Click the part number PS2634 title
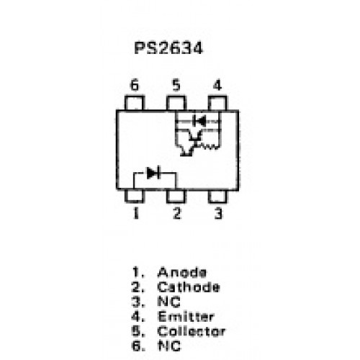[x=168, y=48]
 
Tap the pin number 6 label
[x=135, y=85]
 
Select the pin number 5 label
[x=176, y=85]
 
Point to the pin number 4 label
[x=217, y=85]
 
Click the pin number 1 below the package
[x=136, y=213]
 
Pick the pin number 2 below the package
[x=176, y=213]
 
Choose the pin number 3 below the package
[x=218, y=213]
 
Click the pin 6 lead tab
[x=135, y=103]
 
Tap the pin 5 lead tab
[x=176, y=103]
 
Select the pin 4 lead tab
[x=217, y=103]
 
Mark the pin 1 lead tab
[x=135, y=197]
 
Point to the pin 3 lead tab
[x=217, y=197]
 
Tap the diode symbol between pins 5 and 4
[x=199, y=121]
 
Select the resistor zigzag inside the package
[x=210, y=146]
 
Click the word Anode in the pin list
[x=182, y=272]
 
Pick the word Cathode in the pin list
[x=189, y=287]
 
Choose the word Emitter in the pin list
[x=186, y=317]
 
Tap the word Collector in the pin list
[x=192, y=331]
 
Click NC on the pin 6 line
[x=169, y=346]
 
